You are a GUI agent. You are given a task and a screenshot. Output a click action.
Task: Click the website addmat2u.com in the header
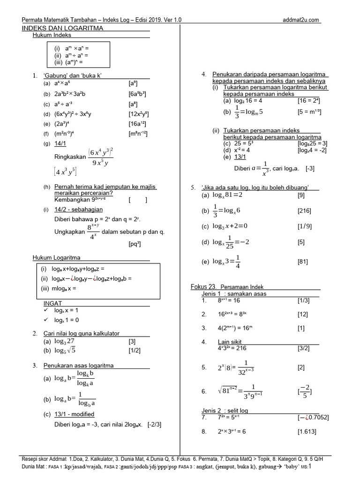tap(301, 20)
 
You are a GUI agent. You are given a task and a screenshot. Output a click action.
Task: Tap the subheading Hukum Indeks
tap(52, 35)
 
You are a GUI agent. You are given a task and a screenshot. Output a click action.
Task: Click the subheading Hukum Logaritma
tap(56, 257)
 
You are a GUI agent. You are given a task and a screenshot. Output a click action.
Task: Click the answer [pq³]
tap(135, 244)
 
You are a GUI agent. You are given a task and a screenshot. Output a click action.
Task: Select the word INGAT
tap(52, 303)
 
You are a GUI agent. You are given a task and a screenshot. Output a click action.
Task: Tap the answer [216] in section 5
tap(304, 211)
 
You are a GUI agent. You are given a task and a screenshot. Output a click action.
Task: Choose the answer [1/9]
tap(304, 226)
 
